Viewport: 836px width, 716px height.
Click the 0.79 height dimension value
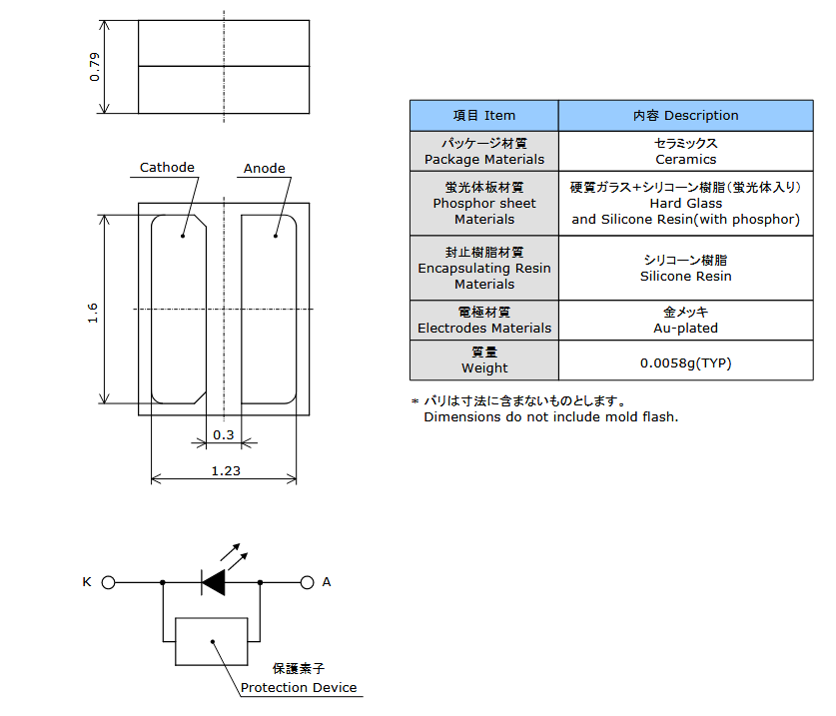[x=94, y=67]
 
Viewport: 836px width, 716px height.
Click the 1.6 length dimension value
[x=93, y=313]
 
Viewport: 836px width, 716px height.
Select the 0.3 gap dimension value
[x=224, y=435]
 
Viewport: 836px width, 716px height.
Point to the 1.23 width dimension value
[x=226, y=470]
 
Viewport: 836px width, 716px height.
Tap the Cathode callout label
[x=167, y=168]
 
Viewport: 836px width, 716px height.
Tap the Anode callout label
[x=265, y=169]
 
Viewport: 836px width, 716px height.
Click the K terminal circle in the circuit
[x=108, y=583]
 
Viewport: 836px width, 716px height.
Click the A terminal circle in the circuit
[x=307, y=583]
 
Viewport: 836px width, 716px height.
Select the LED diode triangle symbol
[x=214, y=583]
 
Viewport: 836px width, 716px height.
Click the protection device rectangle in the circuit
[x=211, y=618]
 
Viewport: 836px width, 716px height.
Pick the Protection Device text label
[x=299, y=688]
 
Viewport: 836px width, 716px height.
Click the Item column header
[x=484, y=116]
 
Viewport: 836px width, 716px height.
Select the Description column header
[x=685, y=116]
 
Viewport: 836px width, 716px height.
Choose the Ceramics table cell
[x=685, y=152]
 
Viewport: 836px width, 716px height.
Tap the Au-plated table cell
[x=685, y=320]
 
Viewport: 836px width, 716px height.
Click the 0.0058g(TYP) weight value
[x=685, y=363]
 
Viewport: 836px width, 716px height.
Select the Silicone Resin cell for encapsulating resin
[x=685, y=269]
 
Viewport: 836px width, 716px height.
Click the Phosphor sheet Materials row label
[x=484, y=203]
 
